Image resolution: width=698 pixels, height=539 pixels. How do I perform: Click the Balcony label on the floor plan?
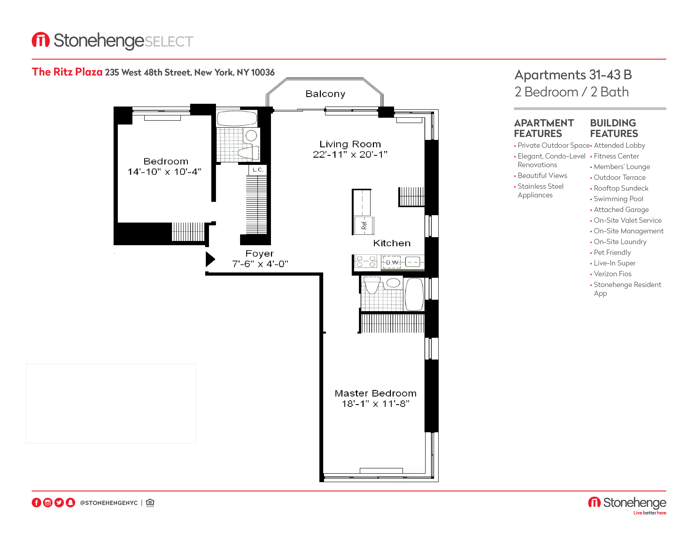pyautogui.click(x=325, y=94)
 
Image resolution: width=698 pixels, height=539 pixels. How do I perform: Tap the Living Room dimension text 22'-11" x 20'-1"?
pyautogui.click(x=350, y=155)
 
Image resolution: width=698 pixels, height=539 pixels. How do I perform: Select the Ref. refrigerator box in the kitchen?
pyautogui.click(x=364, y=226)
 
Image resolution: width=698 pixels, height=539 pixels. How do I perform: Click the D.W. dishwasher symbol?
pyautogui.click(x=392, y=262)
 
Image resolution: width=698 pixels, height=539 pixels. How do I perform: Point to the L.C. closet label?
pyautogui.click(x=258, y=170)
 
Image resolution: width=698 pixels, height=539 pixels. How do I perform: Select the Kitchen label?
pyautogui.click(x=392, y=243)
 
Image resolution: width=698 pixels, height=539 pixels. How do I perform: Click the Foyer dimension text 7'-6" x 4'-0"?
pyautogui.click(x=260, y=264)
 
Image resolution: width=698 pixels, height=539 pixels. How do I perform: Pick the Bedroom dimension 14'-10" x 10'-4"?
pyautogui.click(x=164, y=172)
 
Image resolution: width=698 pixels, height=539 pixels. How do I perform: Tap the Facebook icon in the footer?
pyautogui.click(x=36, y=503)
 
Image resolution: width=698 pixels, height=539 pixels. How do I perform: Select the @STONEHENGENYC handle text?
pyautogui.click(x=109, y=503)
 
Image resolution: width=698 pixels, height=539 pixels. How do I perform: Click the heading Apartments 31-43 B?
pyautogui.click(x=573, y=75)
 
